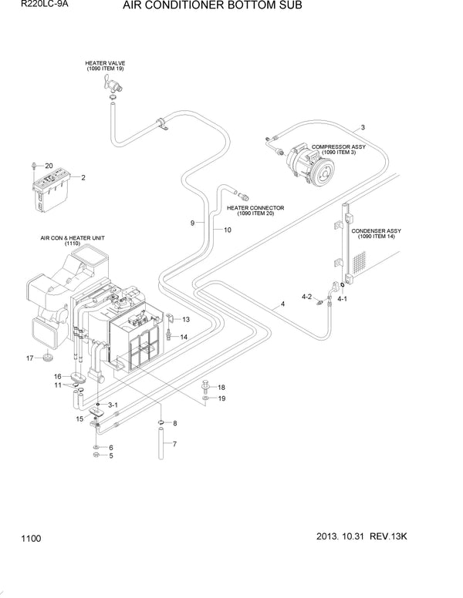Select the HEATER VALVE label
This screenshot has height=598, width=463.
click(x=105, y=66)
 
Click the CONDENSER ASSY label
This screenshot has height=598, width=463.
click(x=376, y=233)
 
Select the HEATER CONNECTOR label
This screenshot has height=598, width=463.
click(x=255, y=210)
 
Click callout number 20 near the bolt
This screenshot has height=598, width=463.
click(x=49, y=166)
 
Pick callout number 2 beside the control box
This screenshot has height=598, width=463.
click(x=83, y=178)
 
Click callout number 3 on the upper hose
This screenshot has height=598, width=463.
click(x=363, y=127)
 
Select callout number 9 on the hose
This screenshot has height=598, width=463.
click(x=192, y=223)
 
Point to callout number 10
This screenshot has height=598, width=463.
click(x=228, y=230)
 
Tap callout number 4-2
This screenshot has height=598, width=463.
click(x=306, y=297)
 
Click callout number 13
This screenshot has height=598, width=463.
click(x=184, y=319)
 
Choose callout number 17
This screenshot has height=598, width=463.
click(x=30, y=358)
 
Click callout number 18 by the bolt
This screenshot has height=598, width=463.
click(x=221, y=387)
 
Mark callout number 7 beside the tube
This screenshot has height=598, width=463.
click(x=174, y=445)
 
